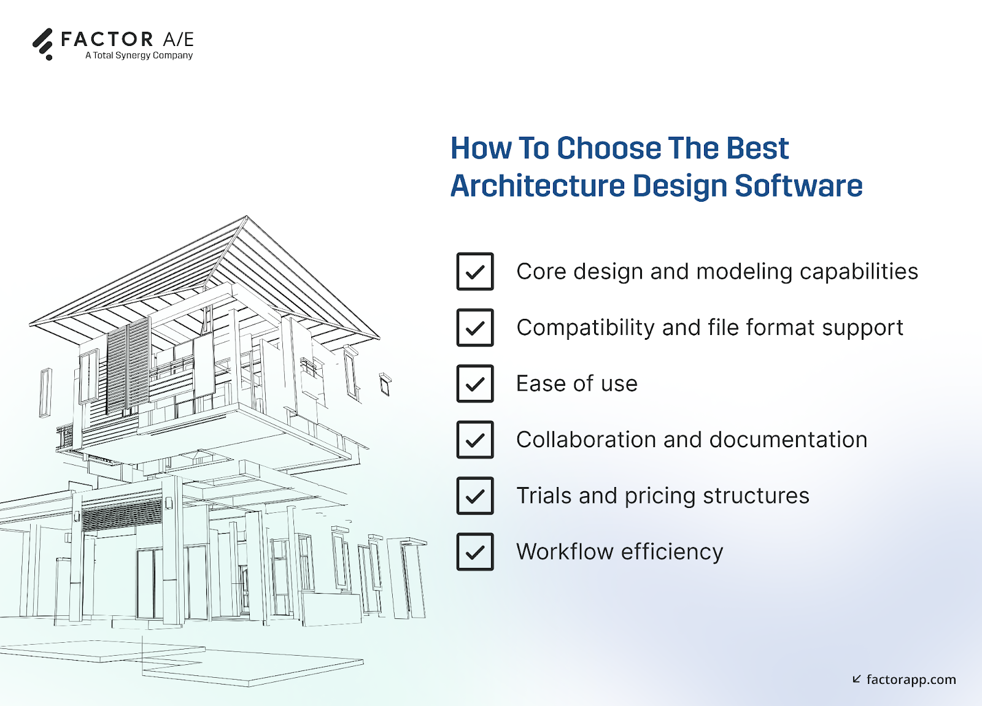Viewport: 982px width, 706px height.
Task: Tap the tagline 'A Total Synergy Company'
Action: (139, 55)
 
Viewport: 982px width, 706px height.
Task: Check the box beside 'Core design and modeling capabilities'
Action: (475, 272)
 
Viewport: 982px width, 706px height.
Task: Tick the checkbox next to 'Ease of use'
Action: (475, 384)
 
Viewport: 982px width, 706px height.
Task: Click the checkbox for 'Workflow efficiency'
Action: (475, 552)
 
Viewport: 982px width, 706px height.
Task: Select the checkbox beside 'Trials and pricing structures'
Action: (475, 496)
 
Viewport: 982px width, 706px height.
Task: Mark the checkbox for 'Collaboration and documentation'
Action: (475, 440)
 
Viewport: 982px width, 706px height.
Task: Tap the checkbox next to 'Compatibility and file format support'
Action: (475, 328)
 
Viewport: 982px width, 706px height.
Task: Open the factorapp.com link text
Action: (911, 680)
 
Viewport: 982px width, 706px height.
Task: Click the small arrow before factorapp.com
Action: (857, 679)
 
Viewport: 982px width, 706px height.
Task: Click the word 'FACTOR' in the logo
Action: (107, 39)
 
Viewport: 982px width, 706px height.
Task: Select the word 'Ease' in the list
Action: (541, 384)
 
